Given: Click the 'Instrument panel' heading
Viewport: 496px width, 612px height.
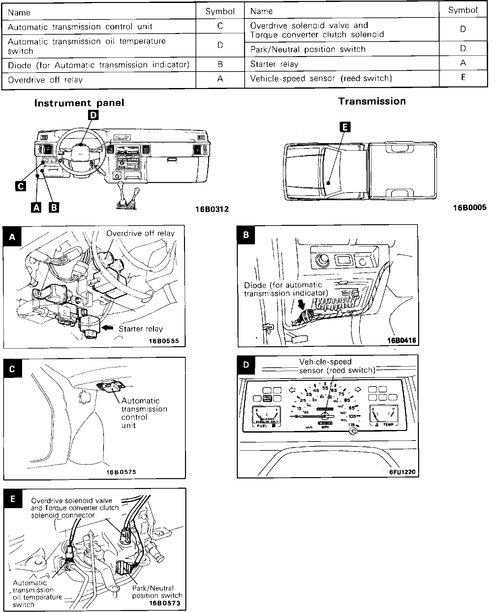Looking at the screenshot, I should tap(79, 103).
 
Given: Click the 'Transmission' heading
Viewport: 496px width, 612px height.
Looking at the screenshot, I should tap(372, 101).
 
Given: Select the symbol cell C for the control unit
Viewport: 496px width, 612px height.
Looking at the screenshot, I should tap(220, 26).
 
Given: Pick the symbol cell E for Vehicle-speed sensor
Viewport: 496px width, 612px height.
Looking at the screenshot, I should tap(463, 77).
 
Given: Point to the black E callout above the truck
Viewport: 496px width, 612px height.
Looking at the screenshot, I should tap(345, 127).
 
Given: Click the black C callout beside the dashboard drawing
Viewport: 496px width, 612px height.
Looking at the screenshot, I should tap(20, 186).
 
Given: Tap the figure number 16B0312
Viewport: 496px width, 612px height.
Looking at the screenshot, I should tap(212, 209).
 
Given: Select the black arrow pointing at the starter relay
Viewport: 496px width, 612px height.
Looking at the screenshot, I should tap(108, 328).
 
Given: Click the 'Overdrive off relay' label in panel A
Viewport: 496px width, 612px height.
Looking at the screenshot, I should tap(140, 233).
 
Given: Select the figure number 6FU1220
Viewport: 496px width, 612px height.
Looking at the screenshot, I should tap(402, 472).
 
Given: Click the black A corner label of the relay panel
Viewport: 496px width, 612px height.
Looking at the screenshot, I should tap(13, 237).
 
